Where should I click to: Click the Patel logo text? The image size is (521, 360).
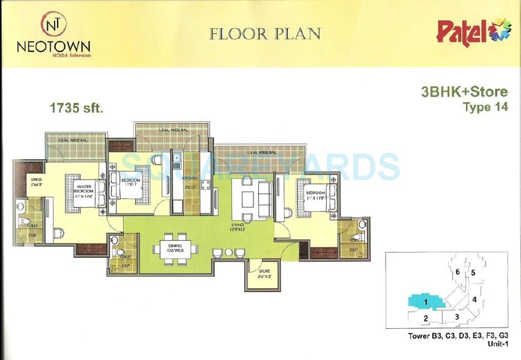(461, 31)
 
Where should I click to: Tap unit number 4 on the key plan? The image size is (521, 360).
(474, 299)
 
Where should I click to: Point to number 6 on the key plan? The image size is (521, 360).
(457, 271)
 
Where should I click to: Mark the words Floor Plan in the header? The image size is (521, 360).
(264, 34)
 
